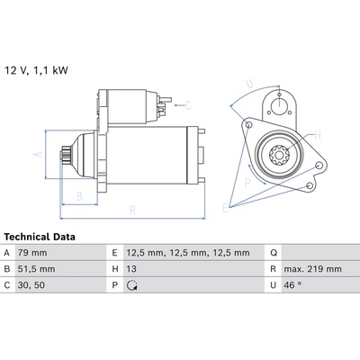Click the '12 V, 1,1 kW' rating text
click(36, 70)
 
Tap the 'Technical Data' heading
click(40, 237)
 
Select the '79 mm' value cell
click(32, 253)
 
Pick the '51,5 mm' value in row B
click(36, 269)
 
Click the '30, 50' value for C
click(31, 285)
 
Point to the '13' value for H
click(131, 269)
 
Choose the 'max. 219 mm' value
click(312, 269)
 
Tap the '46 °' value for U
click(292, 284)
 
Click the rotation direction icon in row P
click(132, 285)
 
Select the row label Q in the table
click(274, 253)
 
